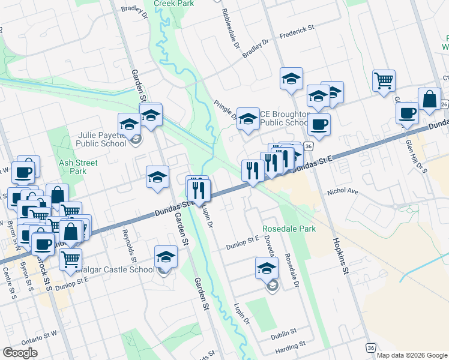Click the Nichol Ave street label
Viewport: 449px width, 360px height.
(342, 192)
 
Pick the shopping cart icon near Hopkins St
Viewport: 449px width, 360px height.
(384, 80)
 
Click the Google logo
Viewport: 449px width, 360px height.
(20, 353)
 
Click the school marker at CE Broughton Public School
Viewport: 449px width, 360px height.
(247, 119)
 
